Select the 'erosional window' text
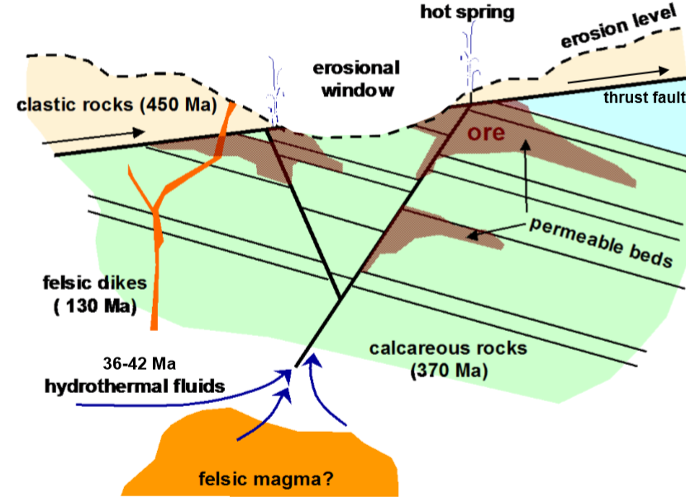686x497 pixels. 355,79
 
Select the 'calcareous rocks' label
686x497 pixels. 448,348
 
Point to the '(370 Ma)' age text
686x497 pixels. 449,371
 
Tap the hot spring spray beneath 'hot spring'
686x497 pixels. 470,58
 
